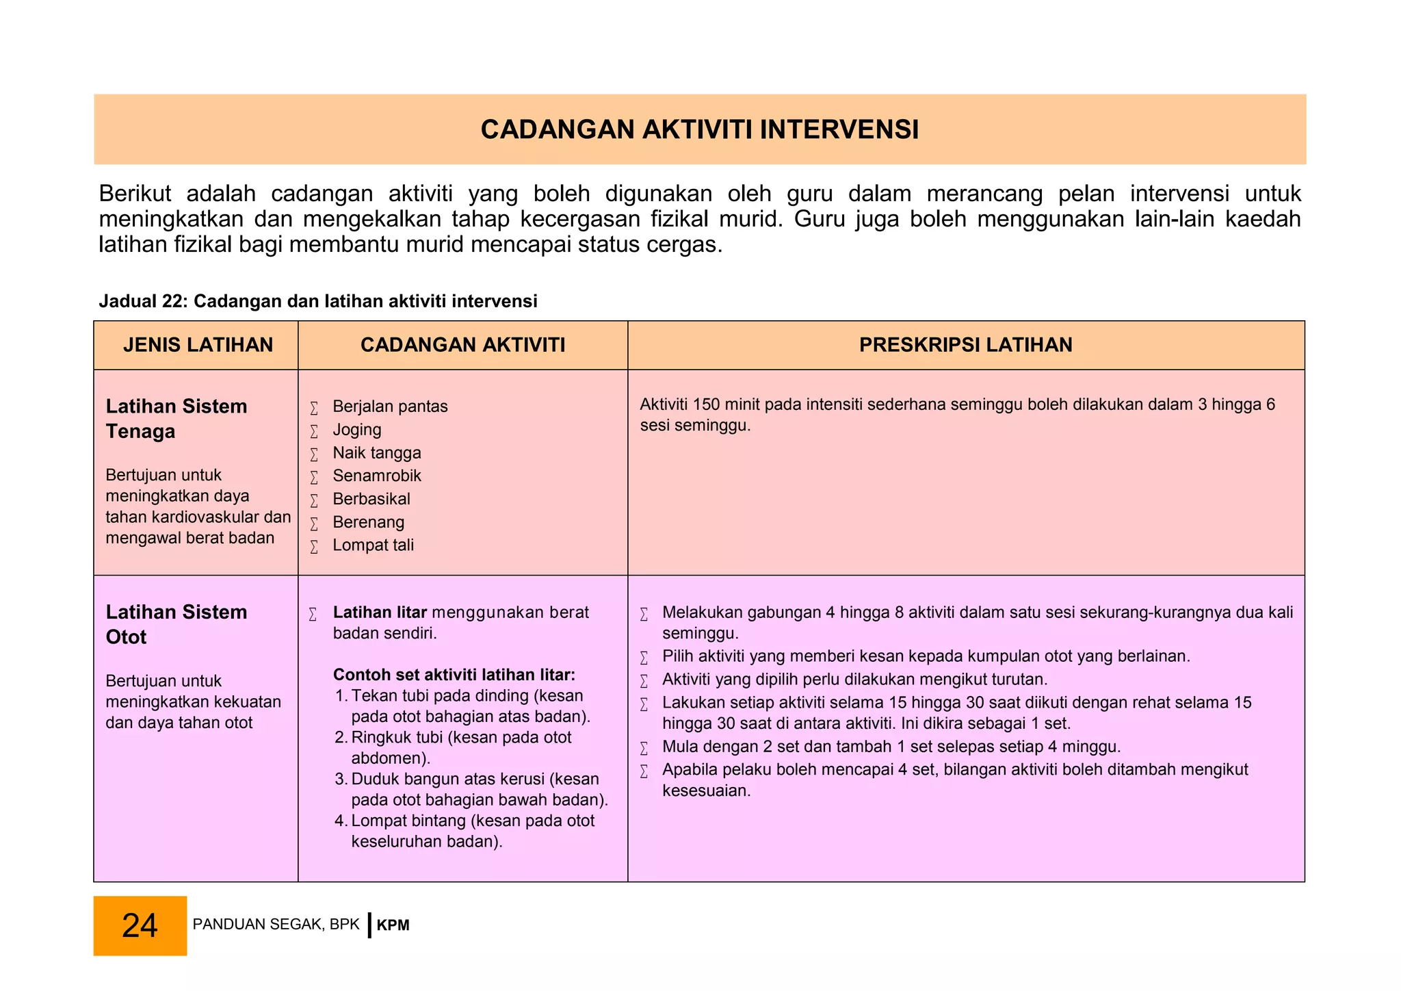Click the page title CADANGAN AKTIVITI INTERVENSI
pyautogui.click(x=699, y=130)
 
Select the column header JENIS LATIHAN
pyautogui.click(x=198, y=345)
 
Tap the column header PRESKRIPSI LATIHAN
pyautogui.click(x=965, y=345)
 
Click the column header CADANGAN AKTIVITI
pyautogui.click(x=462, y=345)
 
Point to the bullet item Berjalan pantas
pyautogui.click(x=389, y=407)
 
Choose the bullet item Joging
pyautogui.click(x=356, y=430)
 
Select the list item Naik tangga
pyautogui.click(x=376, y=453)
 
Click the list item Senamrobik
pyautogui.click(x=376, y=476)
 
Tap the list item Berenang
pyautogui.click(x=368, y=522)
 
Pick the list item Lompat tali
pyautogui.click(x=373, y=545)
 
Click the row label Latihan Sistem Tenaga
pyautogui.click(x=176, y=419)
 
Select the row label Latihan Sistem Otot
pyautogui.click(x=176, y=624)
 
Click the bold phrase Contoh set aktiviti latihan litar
pyautogui.click(x=454, y=675)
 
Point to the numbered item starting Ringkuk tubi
pyautogui.click(x=460, y=748)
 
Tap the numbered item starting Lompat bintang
pyautogui.click(x=472, y=831)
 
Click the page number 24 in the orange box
pyautogui.click(x=140, y=925)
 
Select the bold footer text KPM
pyautogui.click(x=393, y=926)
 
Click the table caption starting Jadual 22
pyautogui.click(x=317, y=302)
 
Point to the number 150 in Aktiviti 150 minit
pyautogui.click(x=705, y=405)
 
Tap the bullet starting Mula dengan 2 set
pyautogui.click(x=890, y=747)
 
